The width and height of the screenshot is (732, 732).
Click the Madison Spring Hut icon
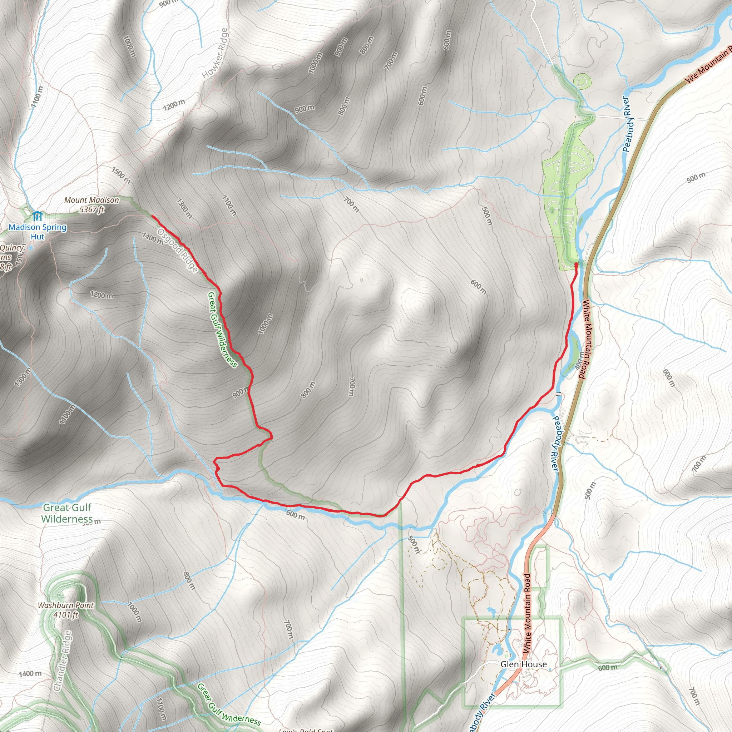(37, 216)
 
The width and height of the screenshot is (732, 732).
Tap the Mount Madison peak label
(92, 204)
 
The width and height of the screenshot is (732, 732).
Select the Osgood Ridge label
(178, 250)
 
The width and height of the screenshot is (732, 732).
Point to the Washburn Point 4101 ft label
(65, 610)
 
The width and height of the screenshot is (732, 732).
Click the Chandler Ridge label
(63, 661)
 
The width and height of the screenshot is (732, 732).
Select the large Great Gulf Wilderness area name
(67, 513)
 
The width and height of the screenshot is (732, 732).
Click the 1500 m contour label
(121, 175)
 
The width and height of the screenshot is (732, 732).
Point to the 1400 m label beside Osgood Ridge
(153, 238)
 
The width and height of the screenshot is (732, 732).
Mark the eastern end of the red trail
(576, 264)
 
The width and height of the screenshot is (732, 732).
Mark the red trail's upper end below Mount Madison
(152, 216)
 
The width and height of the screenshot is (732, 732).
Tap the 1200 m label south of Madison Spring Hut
(102, 295)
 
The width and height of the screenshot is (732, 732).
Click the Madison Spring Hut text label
(38, 232)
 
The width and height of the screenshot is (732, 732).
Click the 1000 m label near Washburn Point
(134, 612)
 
